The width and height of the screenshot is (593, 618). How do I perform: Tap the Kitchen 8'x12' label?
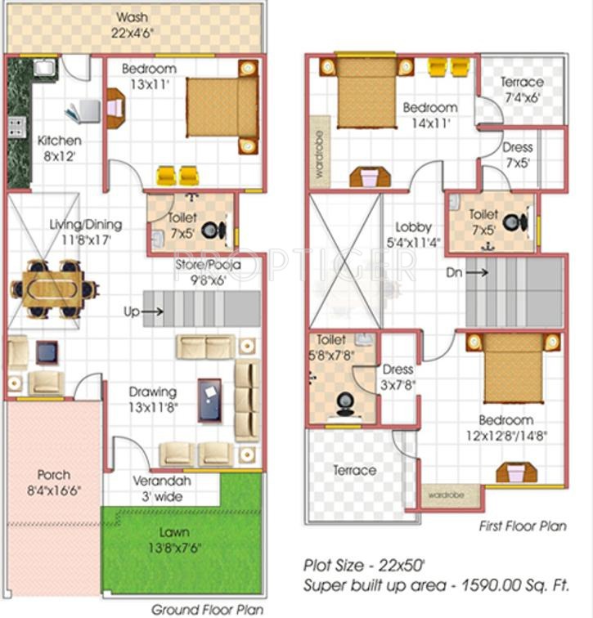[60, 147]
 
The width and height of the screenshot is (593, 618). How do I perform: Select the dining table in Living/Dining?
[53, 289]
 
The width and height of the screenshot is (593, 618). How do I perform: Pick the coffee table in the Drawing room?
[209, 400]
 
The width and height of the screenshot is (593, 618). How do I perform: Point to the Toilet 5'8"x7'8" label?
[338, 346]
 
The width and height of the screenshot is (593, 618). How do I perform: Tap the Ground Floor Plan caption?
[207, 609]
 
